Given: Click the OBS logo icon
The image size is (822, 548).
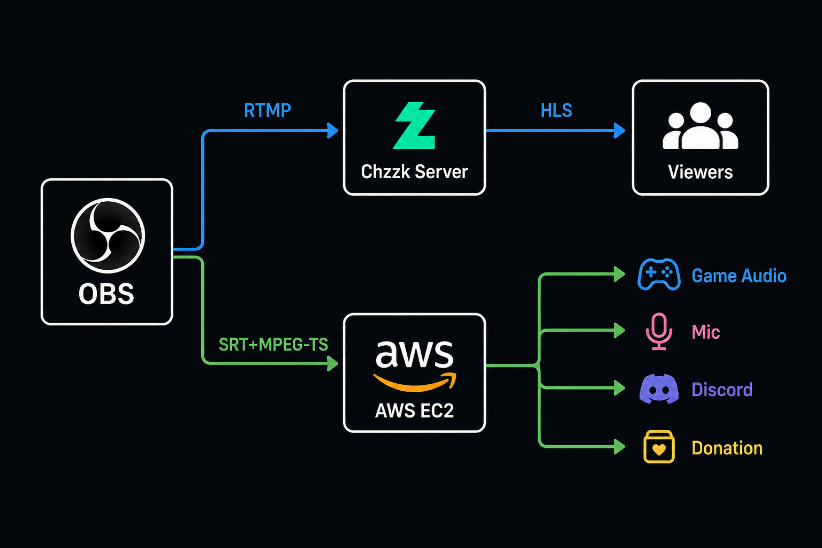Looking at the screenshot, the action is pos(108,235).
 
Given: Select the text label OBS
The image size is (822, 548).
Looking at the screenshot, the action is pos(106,294).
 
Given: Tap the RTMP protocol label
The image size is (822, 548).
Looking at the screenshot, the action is pos(268,110).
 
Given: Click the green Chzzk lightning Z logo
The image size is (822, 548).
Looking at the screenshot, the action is pos(414,125).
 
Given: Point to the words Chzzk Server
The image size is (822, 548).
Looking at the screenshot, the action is pos(414,172).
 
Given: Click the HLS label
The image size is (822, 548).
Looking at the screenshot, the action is pos(557,110).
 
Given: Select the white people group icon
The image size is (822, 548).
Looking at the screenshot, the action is pos(700,126).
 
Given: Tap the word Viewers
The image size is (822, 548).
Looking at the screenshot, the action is pos(700,172).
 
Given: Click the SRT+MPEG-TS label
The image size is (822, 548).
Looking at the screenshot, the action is pos(273,344).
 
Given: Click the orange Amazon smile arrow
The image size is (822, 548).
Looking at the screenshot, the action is pos(415,383).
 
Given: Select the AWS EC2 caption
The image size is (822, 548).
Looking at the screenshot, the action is pos(414,410).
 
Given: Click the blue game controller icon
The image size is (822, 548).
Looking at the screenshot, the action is pos(659,275).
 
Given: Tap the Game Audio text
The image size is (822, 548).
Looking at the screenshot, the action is pos(739,276).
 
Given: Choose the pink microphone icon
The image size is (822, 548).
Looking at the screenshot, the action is pos(659,331).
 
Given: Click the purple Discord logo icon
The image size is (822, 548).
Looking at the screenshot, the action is pos(659,389).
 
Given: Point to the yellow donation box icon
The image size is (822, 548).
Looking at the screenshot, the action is pos(659,447).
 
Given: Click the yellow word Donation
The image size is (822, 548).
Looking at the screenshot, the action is pos(727,448).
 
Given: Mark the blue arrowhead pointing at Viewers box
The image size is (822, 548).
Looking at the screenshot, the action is pos(620,131).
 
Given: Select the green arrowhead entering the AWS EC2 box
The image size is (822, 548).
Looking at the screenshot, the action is pos(333,363).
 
